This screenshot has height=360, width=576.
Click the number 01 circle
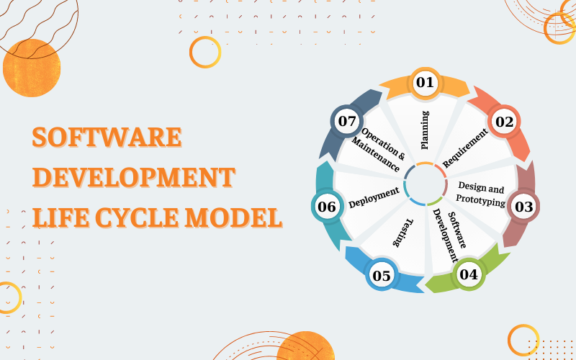[425, 83]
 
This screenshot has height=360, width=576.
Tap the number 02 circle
[504, 122]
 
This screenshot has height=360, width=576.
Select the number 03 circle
[523, 207]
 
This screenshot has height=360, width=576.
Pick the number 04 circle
[469, 274]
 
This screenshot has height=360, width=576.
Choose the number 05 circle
[382, 275]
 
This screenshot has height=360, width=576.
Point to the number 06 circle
[327, 207]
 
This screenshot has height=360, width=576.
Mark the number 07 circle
[347, 121]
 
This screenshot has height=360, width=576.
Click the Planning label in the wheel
[425, 130]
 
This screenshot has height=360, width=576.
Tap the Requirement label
[465, 148]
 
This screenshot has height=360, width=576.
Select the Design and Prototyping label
[480, 194]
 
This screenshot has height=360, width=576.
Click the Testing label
[403, 233]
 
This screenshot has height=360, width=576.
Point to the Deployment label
[374, 197]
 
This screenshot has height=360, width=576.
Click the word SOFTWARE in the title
[107, 138]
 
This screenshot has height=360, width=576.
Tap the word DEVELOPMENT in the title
[134, 177]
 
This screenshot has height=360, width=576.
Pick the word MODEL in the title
[233, 217]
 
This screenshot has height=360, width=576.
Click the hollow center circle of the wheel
[426, 184]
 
